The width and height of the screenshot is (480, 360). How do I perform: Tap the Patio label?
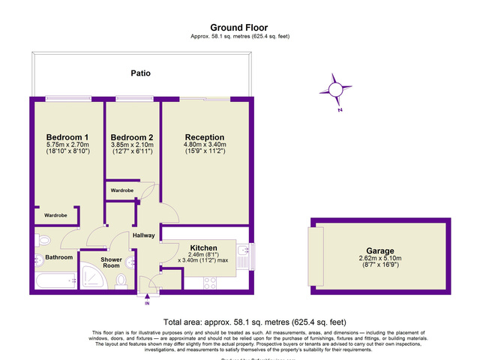point(141,74)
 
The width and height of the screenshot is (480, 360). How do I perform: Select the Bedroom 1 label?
point(67,136)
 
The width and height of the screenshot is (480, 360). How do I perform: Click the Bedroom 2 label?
point(131,136)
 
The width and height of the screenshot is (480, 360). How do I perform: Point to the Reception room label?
point(205,136)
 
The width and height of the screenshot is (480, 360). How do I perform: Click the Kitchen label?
point(203,247)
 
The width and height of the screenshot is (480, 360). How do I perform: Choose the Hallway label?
point(143,235)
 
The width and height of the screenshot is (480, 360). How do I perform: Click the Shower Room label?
point(111,262)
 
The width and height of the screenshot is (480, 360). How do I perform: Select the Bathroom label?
point(58,257)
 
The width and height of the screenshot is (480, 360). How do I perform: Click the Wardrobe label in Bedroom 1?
point(55,215)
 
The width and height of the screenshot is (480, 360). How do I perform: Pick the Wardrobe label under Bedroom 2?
point(122,190)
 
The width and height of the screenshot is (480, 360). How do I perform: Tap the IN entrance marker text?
point(147,304)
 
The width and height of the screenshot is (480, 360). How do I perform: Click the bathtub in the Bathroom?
point(55,280)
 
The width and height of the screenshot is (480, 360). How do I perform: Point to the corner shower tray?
point(96,280)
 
